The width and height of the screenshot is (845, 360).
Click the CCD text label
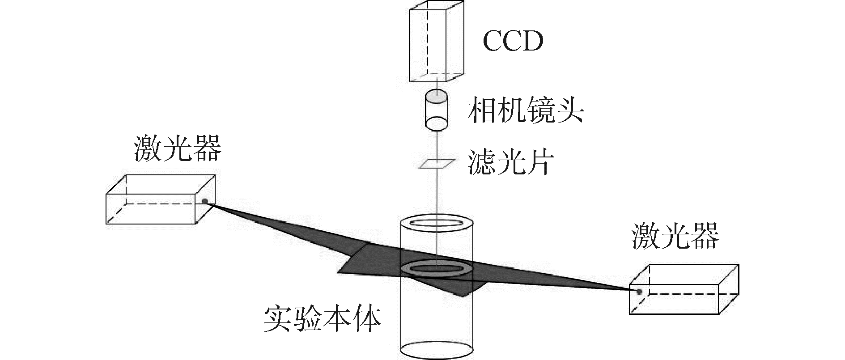point(513,41)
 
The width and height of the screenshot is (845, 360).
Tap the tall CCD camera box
point(436,42)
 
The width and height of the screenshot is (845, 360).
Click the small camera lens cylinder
point(436,112)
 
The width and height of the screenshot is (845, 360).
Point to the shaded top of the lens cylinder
point(436,96)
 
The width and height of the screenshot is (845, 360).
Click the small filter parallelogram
point(436,164)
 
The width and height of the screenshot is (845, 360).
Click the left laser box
point(160,199)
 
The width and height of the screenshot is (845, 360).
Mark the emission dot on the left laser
point(205,201)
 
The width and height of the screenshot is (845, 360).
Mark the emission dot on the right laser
point(640,292)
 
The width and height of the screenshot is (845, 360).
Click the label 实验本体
point(322,318)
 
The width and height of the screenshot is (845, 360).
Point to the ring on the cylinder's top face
point(436,223)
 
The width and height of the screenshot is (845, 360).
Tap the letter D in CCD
point(533,41)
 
